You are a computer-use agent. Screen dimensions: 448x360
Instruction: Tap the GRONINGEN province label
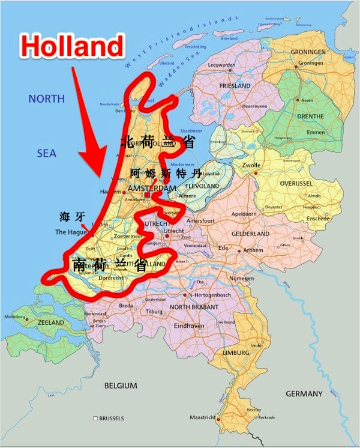point(308,52)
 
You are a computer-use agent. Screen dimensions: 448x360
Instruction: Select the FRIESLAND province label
point(235,86)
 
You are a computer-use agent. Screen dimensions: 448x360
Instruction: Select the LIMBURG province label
point(236,353)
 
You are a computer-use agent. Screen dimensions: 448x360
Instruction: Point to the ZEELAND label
point(51,322)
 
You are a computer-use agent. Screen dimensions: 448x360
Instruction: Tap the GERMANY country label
point(304,394)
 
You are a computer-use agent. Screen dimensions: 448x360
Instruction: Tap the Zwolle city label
point(250,165)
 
